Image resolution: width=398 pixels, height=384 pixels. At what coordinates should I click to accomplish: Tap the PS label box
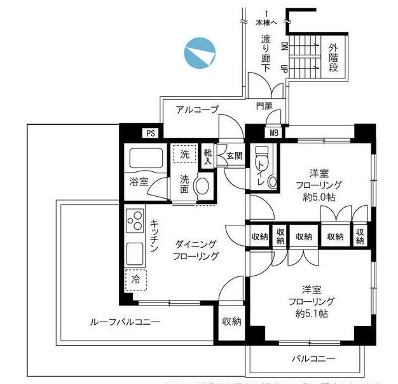(x=151, y=133)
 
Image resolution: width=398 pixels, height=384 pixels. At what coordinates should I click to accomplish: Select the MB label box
(x=273, y=133)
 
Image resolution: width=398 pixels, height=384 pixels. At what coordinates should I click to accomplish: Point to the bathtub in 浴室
(x=146, y=159)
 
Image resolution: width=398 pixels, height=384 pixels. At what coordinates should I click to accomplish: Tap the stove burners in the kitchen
(x=135, y=223)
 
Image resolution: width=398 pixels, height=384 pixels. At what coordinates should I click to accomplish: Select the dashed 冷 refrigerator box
(x=135, y=278)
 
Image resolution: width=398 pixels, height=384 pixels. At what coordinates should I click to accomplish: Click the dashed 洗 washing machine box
(x=184, y=154)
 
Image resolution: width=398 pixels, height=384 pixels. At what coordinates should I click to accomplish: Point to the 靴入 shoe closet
(x=208, y=155)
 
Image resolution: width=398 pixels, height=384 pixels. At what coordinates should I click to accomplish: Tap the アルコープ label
(x=196, y=110)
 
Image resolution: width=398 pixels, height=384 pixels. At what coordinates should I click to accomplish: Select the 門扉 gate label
(x=264, y=106)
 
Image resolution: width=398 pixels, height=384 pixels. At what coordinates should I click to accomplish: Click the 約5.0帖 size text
(x=319, y=197)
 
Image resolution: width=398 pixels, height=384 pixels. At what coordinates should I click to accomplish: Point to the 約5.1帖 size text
(x=310, y=314)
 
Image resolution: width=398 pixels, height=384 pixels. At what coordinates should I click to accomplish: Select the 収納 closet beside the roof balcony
(x=231, y=322)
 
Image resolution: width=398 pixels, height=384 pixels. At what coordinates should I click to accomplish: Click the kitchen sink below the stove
(x=135, y=253)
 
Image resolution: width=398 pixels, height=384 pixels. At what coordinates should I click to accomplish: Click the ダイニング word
(x=196, y=244)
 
